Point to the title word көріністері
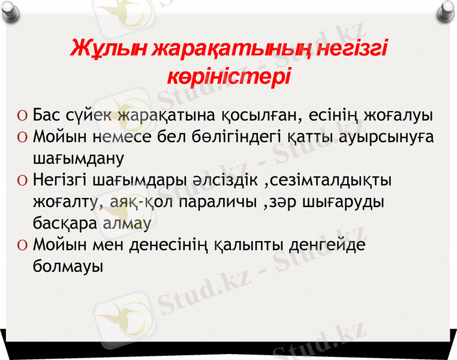[x=228, y=77]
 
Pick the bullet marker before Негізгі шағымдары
[x=22, y=179]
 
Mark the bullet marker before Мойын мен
[x=22, y=245]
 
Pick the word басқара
[x=65, y=223]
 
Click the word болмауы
[x=67, y=266]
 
